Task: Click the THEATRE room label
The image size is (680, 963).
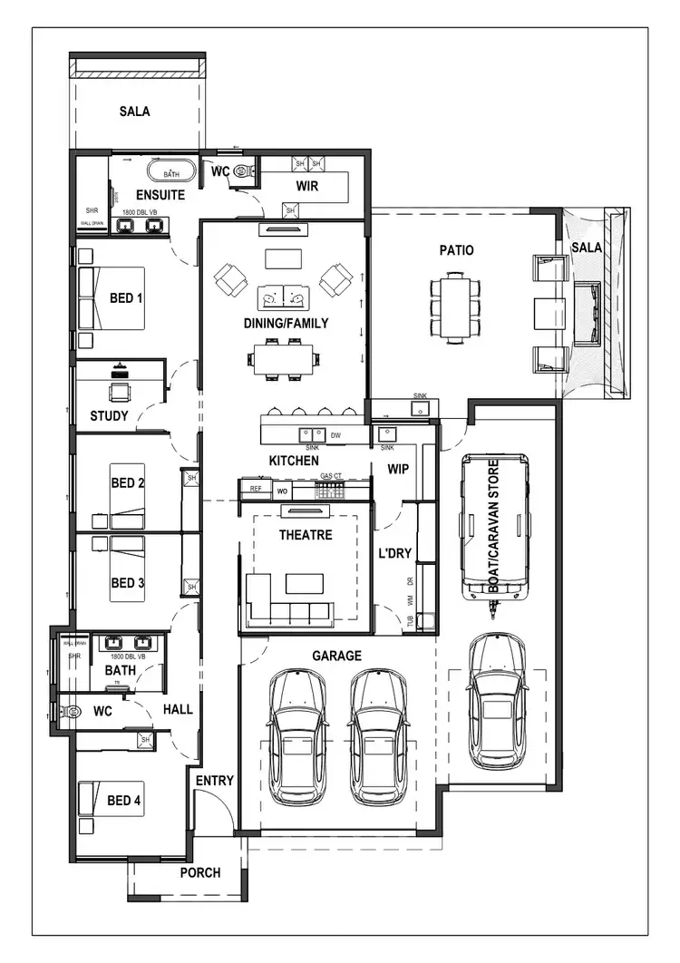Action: (x=305, y=535)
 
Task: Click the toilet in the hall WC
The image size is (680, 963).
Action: (x=66, y=713)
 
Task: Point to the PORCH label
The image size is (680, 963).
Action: (x=200, y=872)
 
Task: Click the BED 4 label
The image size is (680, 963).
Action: (x=124, y=801)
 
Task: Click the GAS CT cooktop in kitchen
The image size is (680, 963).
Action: (x=330, y=490)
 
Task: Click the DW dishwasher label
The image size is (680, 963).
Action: (x=335, y=435)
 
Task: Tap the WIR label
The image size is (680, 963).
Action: (x=306, y=186)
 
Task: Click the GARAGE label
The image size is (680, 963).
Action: (x=336, y=656)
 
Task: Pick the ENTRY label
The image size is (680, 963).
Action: (x=214, y=780)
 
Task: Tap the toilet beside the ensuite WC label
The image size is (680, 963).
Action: (x=241, y=170)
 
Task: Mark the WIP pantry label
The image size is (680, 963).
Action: (x=399, y=470)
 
